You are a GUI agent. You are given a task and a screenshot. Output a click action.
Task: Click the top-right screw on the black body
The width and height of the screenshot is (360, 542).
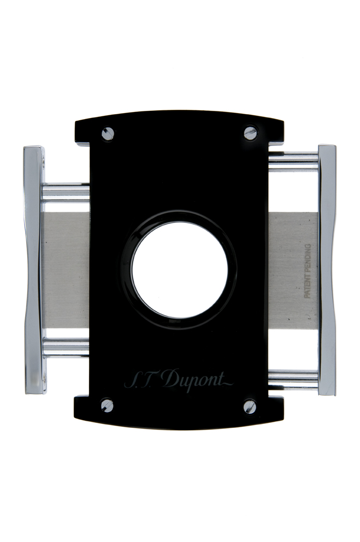[x=250, y=133]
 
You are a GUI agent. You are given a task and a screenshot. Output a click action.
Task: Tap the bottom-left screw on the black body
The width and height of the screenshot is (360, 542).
[x=108, y=405]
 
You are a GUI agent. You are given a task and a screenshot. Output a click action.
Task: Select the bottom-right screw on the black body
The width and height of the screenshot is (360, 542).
[x=250, y=407]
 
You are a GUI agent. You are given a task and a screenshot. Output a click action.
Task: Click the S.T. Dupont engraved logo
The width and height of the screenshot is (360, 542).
[x=179, y=380]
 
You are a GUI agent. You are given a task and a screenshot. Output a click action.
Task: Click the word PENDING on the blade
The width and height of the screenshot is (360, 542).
[x=307, y=257]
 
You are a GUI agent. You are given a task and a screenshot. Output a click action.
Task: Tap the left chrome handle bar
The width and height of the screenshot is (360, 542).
[x=34, y=269]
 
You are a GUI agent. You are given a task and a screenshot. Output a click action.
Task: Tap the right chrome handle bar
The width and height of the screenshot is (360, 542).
[x=327, y=269]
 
